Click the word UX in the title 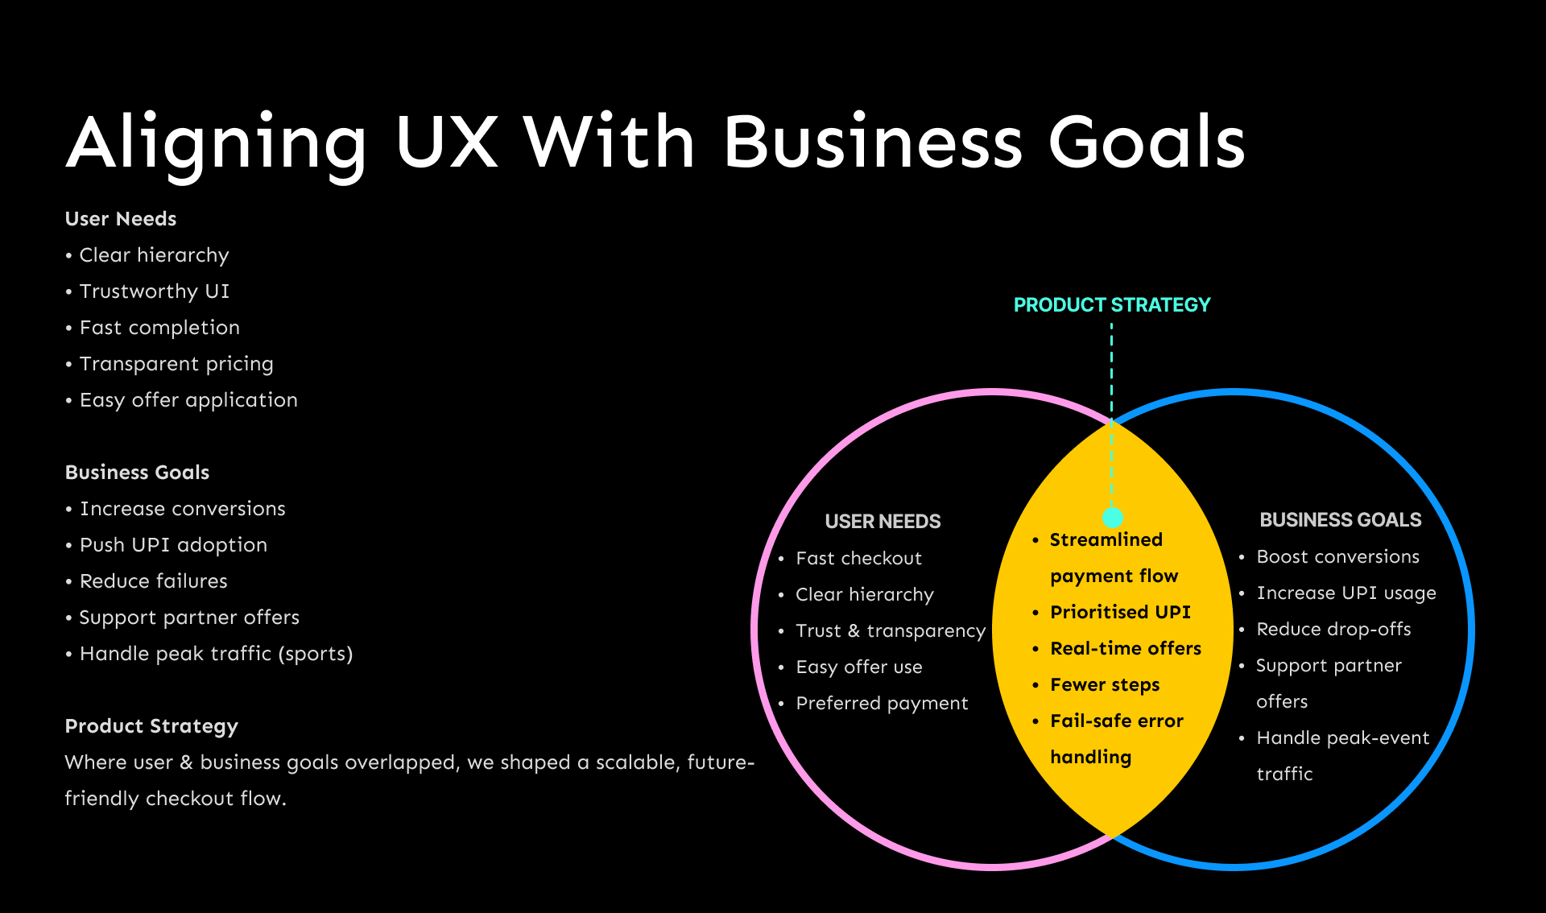point(447,143)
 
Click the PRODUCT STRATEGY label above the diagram point(1111,305)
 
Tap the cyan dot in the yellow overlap point(1113,517)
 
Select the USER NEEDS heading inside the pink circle point(883,522)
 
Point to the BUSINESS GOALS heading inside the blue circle point(1340,520)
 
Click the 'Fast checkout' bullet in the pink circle point(858,558)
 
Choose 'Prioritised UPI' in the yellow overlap point(1120,612)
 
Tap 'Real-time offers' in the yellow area point(1125,648)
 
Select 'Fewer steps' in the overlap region point(1105,684)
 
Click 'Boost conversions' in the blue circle point(1337,556)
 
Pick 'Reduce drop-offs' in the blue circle point(1333,629)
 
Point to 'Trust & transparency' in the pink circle point(890,630)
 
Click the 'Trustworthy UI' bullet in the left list point(154,291)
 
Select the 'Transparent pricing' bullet point(176,364)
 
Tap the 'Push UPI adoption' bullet point(173,545)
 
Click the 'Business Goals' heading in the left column point(137,473)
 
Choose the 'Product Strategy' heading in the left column point(151,726)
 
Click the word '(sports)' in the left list point(316,654)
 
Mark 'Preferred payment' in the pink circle point(882,703)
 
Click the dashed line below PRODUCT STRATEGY point(1111,370)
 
